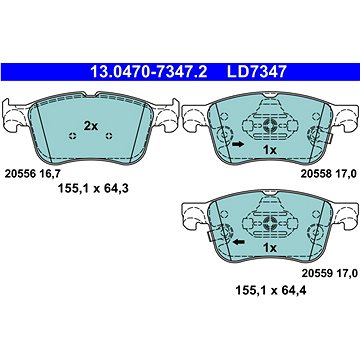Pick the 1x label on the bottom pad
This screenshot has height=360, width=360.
click(x=270, y=245)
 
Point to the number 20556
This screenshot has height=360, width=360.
click(x=22, y=171)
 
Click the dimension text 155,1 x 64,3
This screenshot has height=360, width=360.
click(x=91, y=186)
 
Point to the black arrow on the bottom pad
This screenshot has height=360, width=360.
click(x=236, y=242)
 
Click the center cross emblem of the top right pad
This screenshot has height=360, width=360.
click(x=269, y=124)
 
